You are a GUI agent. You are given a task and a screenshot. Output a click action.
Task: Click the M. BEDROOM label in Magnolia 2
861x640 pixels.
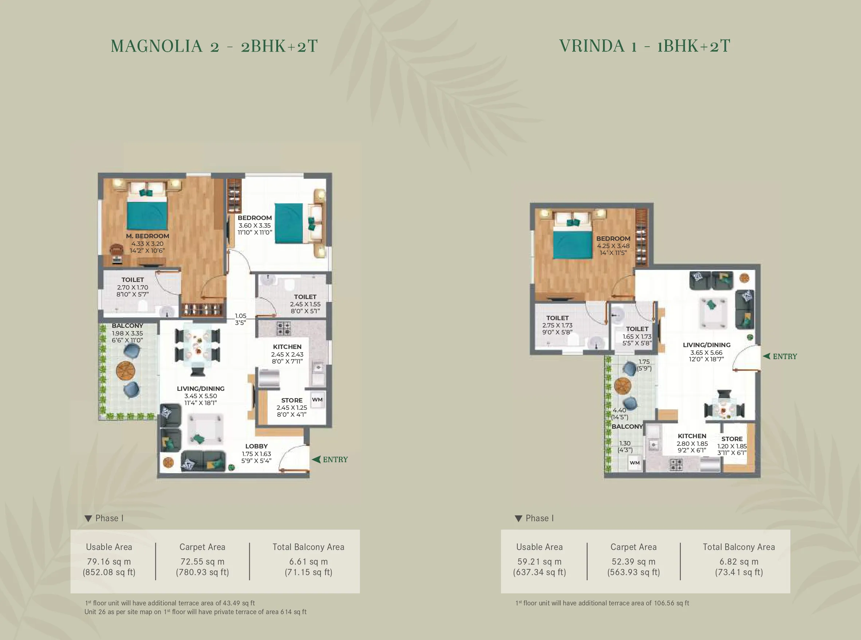click(x=147, y=236)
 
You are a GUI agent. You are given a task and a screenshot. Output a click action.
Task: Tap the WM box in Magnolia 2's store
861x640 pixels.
click(x=317, y=400)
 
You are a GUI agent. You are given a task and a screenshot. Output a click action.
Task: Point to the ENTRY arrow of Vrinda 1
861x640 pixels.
click(x=766, y=356)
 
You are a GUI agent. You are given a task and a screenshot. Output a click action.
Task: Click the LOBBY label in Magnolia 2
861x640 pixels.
click(x=256, y=446)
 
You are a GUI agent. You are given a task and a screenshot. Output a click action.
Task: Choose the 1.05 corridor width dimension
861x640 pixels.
click(x=240, y=316)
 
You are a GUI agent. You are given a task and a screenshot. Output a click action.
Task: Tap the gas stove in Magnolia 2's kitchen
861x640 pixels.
click(x=283, y=328)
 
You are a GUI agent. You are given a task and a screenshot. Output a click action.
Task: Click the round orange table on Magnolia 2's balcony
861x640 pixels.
click(x=126, y=371)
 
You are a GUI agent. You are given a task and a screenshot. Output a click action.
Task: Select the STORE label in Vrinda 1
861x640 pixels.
click(x=732, y=439)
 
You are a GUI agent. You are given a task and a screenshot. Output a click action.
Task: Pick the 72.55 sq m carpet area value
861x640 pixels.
click(x=202, y=561)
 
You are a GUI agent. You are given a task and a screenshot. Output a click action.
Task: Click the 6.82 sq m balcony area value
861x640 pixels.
click(x=739, y=561)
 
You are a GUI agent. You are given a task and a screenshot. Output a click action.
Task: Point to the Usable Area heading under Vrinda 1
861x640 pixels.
click(x=539, y=547)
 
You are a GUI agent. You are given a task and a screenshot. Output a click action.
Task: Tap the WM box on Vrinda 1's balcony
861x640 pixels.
click(x=635, y=463)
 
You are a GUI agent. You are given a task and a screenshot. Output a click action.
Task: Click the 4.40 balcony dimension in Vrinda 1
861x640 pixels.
click(x=619, y=410)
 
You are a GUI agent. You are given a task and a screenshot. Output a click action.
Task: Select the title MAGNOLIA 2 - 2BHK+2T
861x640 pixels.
click(x=214, y=46)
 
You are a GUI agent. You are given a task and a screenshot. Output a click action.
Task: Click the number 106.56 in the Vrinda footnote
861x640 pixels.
click(x=664, y=603)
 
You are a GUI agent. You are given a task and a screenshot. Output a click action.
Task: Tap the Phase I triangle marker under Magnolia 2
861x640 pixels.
click(x=88, y=518)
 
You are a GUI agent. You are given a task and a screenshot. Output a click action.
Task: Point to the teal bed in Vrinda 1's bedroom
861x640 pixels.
click(x=572, y=243)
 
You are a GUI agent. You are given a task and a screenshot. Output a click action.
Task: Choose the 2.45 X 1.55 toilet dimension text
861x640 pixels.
click(x=305, y=304)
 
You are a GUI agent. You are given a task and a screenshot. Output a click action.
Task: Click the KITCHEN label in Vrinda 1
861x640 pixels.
click(x=692, y=436)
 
